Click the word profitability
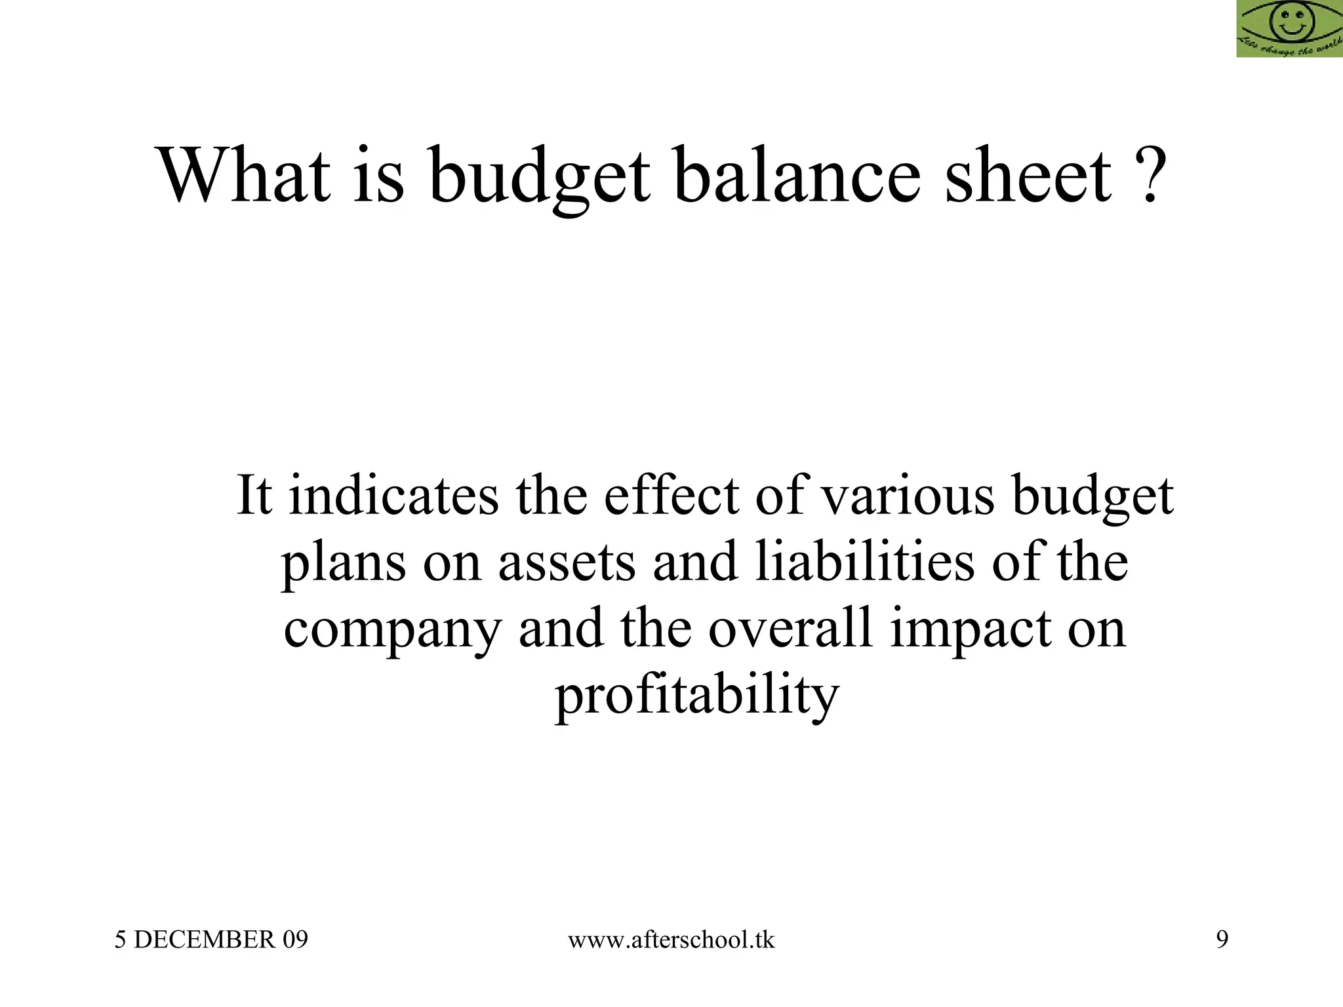coord(697,696)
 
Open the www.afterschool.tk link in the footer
coord(671,940)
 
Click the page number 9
coord(1222,940)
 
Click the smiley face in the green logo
coord(1289,24)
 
